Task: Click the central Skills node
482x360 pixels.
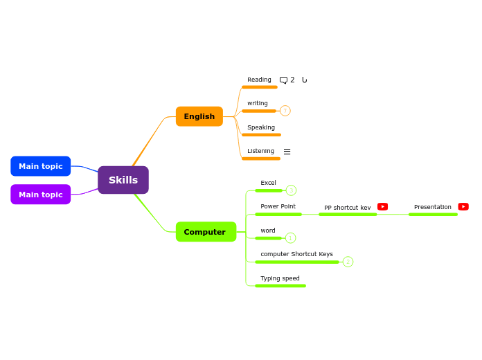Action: (123, 180)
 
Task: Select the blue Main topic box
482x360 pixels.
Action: (41, 166)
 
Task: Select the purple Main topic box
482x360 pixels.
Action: (41, 195)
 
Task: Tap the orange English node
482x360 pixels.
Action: (199, 116)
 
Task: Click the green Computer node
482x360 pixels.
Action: (206, 232)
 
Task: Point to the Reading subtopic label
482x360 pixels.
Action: (259, 80)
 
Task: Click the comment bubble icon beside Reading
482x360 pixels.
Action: (283, 80)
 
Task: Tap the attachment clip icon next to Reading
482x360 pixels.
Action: (304, 80)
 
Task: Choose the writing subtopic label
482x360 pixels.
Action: (258, 103)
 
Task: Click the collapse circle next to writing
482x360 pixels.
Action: (285, 111)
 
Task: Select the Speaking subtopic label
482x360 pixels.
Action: (261, 127)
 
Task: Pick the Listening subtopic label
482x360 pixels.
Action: (260, 151)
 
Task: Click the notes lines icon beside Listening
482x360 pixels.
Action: (287, 152)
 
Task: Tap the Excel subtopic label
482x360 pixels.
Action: (268, 183)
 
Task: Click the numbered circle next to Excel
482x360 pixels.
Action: (291, 190)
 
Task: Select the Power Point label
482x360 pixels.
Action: (278, 206)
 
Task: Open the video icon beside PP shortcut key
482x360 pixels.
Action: (382, 206)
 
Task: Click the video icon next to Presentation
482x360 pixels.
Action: (463, 206)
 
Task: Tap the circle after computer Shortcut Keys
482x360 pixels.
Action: (348, 262)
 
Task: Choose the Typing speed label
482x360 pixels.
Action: (280, 278)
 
